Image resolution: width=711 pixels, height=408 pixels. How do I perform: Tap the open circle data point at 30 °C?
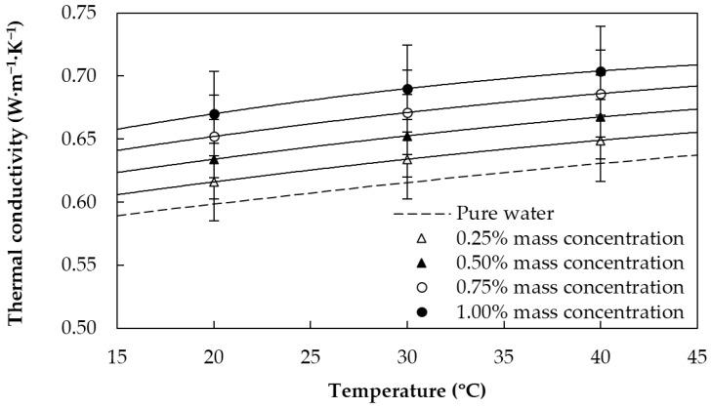coord(407,113)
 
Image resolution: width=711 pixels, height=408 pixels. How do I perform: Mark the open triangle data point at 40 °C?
coord(601,141)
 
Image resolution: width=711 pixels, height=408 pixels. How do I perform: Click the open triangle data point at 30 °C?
coord(407,158)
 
